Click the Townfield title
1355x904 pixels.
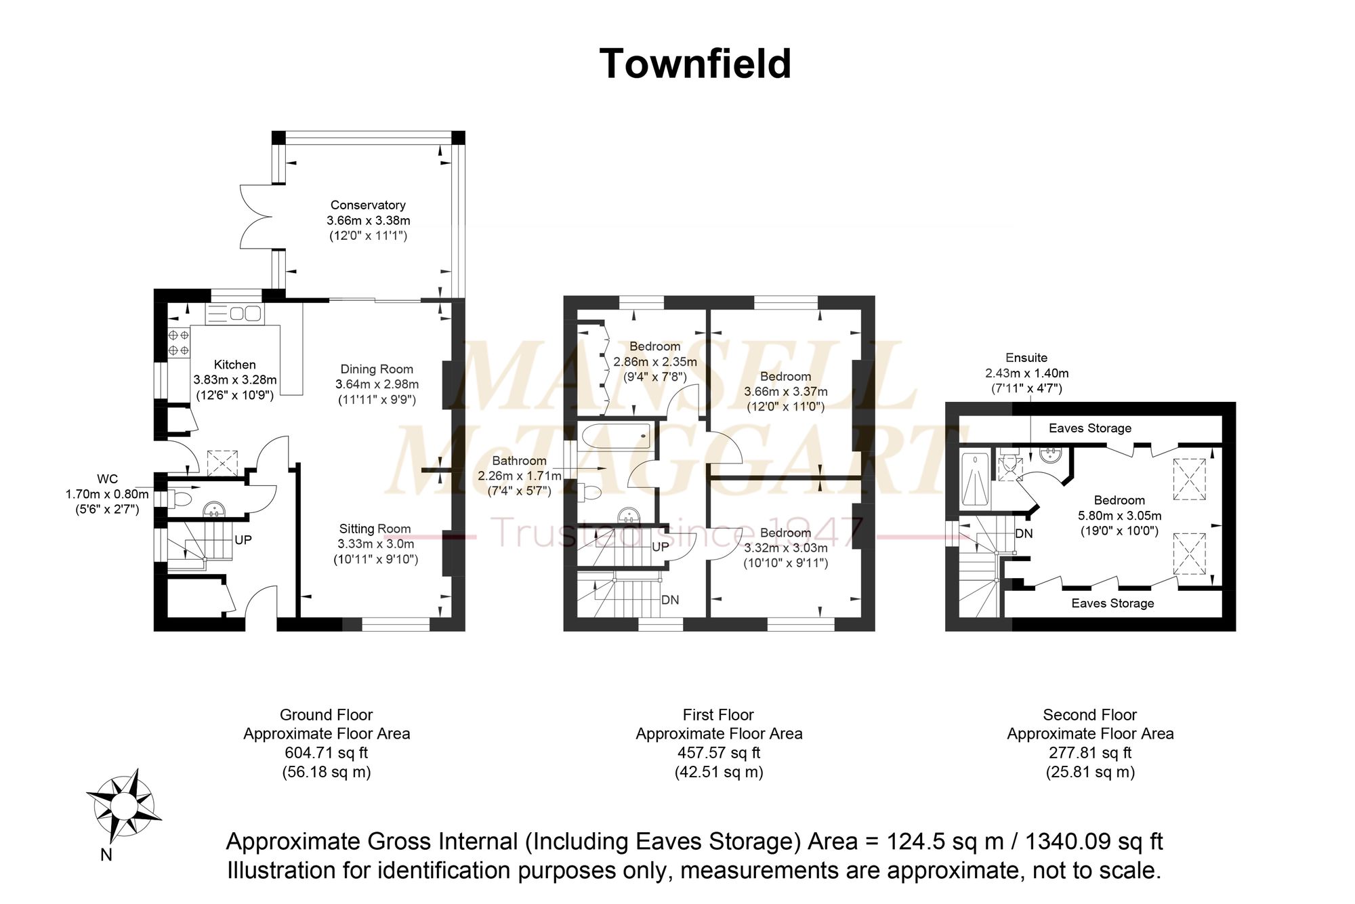(x=695, y=64)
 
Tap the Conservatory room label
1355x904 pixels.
(x=368, y=205)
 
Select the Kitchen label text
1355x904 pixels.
(x=235, y=365)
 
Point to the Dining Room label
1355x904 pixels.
(x=377, y=369)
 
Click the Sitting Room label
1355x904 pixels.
(x=375, y=529)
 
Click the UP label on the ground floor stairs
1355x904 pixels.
(x=243, y=540)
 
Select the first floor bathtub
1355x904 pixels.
(x=616, y=436)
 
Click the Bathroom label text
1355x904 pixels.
(x=520, y=461)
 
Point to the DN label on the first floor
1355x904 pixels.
(x=670, y=600)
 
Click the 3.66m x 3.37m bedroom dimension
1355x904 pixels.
(x=786, y=392)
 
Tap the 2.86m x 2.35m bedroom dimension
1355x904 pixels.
(x=655, y=362)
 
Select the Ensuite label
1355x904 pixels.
(x=1026, y=358)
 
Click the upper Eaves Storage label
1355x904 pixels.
(x=1090, y=428)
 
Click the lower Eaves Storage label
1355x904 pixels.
(x=1112, y=603)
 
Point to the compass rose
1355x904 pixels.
(x=124, y=806)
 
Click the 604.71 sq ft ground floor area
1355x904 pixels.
(x=327, y=753)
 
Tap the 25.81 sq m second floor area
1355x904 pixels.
(x=1090, y=772)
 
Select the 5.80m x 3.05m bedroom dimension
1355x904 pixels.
(x=1120, y=516)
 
